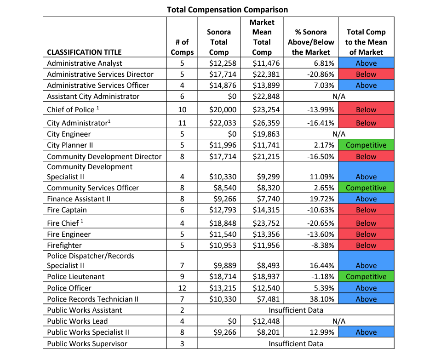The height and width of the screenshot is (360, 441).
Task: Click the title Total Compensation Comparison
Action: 227,9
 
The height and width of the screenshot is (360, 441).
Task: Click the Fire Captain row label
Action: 67,210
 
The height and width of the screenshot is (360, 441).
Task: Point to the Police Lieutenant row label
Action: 75,277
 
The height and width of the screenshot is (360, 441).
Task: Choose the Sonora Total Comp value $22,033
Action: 219,123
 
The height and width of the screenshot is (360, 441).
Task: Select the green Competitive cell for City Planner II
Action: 366,145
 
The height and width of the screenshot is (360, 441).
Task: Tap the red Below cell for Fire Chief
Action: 366,223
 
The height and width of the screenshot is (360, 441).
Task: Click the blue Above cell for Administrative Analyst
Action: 366,63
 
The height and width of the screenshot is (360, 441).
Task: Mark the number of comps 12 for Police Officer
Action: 182,288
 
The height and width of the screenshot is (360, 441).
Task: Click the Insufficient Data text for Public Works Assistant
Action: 296,310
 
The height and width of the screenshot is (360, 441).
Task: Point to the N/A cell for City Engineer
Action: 338,134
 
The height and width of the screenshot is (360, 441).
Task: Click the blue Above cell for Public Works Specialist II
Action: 366,332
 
